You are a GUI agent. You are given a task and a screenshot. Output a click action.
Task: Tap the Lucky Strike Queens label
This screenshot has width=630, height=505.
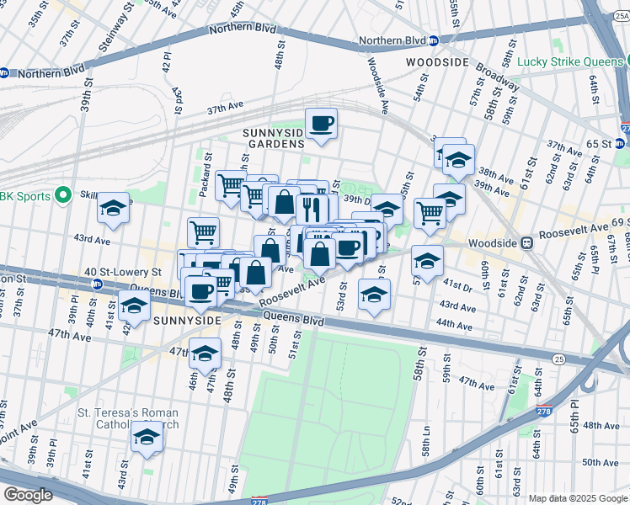571,61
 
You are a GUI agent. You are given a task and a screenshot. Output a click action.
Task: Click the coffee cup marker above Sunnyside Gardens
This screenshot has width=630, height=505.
321,125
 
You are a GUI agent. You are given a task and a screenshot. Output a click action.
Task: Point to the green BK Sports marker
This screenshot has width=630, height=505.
62,195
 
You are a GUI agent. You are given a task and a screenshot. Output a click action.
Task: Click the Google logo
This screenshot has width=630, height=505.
29,494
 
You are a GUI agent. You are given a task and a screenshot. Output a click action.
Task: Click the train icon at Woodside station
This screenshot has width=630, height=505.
527,242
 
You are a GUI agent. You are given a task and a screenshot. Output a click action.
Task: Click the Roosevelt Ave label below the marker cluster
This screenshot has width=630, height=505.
291,294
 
